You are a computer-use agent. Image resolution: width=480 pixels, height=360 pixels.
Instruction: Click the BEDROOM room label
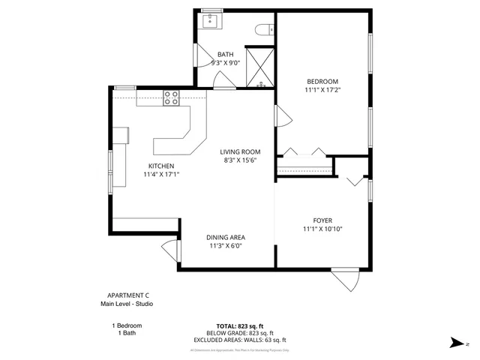point(323,81)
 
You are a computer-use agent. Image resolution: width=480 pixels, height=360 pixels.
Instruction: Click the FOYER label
point(322,220)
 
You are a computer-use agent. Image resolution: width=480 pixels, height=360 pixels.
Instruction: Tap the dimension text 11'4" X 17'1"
point(161,174)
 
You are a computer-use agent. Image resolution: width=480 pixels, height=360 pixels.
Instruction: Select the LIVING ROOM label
point(240,151)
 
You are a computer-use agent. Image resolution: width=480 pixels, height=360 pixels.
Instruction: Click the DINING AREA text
point(226,237)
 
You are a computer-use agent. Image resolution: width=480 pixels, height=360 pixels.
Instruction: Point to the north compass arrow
point(456,342)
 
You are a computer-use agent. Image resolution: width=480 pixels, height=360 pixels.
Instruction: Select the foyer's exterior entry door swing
point(346,279)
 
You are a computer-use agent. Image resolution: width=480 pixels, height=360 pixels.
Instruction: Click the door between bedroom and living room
point(282,117)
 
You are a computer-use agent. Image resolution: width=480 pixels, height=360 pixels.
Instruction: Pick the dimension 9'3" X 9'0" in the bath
point(225,63)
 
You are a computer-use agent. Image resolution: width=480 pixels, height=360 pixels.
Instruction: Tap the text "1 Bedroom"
point(126,325)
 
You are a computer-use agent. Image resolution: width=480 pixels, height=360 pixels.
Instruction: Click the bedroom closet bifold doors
point(303,151)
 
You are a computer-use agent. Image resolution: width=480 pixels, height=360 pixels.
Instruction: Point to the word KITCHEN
point(161,166)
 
